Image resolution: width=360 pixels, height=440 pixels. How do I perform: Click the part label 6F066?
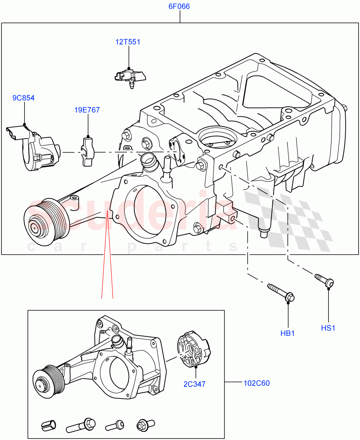pyautogui.click(x=179, y=7)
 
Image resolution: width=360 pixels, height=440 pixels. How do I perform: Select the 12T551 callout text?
pyautogui.click(x=128, y=42)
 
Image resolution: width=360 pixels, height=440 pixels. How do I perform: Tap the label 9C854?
pyautogui.click(x=23, y=98)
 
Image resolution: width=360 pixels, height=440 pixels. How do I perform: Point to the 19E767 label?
pyautogui.click(x=87, y=110)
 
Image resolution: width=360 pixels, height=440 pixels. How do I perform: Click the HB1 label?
pyautogui.click(x=288, y=333)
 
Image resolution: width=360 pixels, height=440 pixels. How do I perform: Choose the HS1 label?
pyautogui.click(x=328, y=328)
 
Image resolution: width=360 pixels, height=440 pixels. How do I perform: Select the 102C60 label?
pyautogui.click(x=256, y=384)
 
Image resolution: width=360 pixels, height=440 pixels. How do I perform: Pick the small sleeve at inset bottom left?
pyautogui.click(x=49, y=425)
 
